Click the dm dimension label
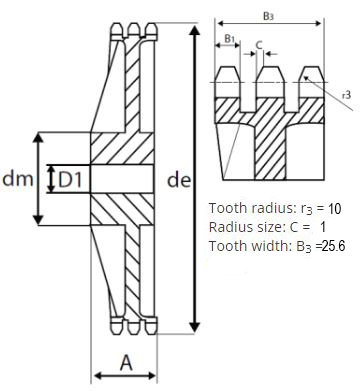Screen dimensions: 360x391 tap(18, 179)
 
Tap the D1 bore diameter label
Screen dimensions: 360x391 tap(70, 180)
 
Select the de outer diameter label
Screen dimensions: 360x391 tap(179, 180)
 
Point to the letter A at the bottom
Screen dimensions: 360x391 tap(126, 363)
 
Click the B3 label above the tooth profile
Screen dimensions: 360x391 tap(268, 16)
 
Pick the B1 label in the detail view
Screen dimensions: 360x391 tap(230, 39)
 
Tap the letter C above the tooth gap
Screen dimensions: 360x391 tap(259, 44)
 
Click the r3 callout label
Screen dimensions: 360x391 tap(347, 96)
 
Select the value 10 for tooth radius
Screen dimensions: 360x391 tap(334, 209)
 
